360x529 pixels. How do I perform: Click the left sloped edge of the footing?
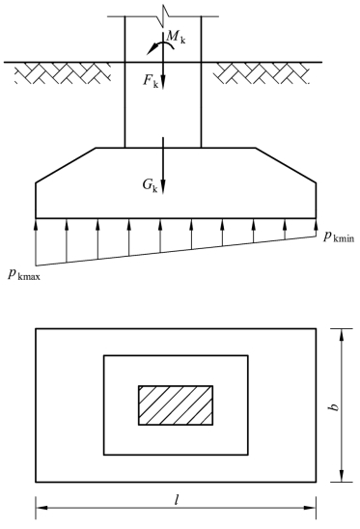coord(66,164)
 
